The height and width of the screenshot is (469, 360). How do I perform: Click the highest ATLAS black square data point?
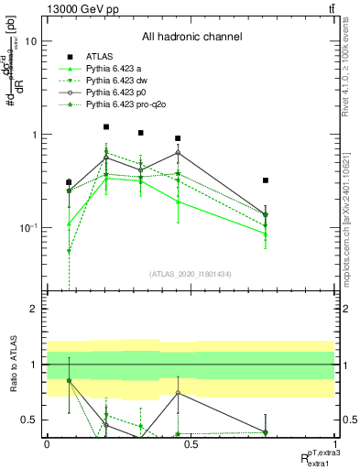point(106,127)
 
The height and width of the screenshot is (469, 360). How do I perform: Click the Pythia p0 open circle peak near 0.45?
point(178,152)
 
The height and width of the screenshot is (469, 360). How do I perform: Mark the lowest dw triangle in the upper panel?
point(69,251)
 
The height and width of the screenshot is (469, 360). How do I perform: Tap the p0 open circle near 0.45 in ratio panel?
point(178,393)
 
